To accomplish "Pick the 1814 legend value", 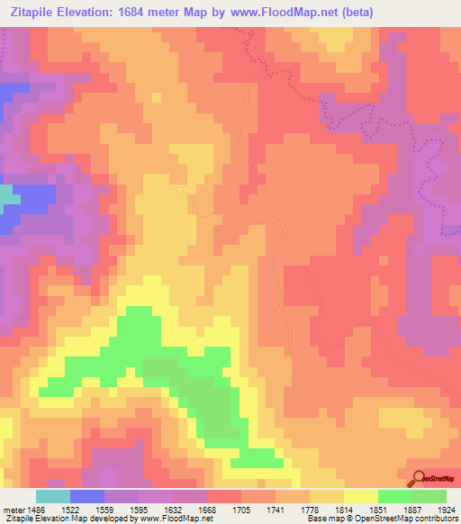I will tap(350, 509).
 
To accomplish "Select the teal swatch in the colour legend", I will tap(52, 496).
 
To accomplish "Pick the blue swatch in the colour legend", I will tap(86, 496).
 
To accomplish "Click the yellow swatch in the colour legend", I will tap(360, 496).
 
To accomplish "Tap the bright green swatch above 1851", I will tap(394, 496).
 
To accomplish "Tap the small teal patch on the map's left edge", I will tap(6, 197).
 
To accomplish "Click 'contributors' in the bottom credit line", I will tap(435, 519).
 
